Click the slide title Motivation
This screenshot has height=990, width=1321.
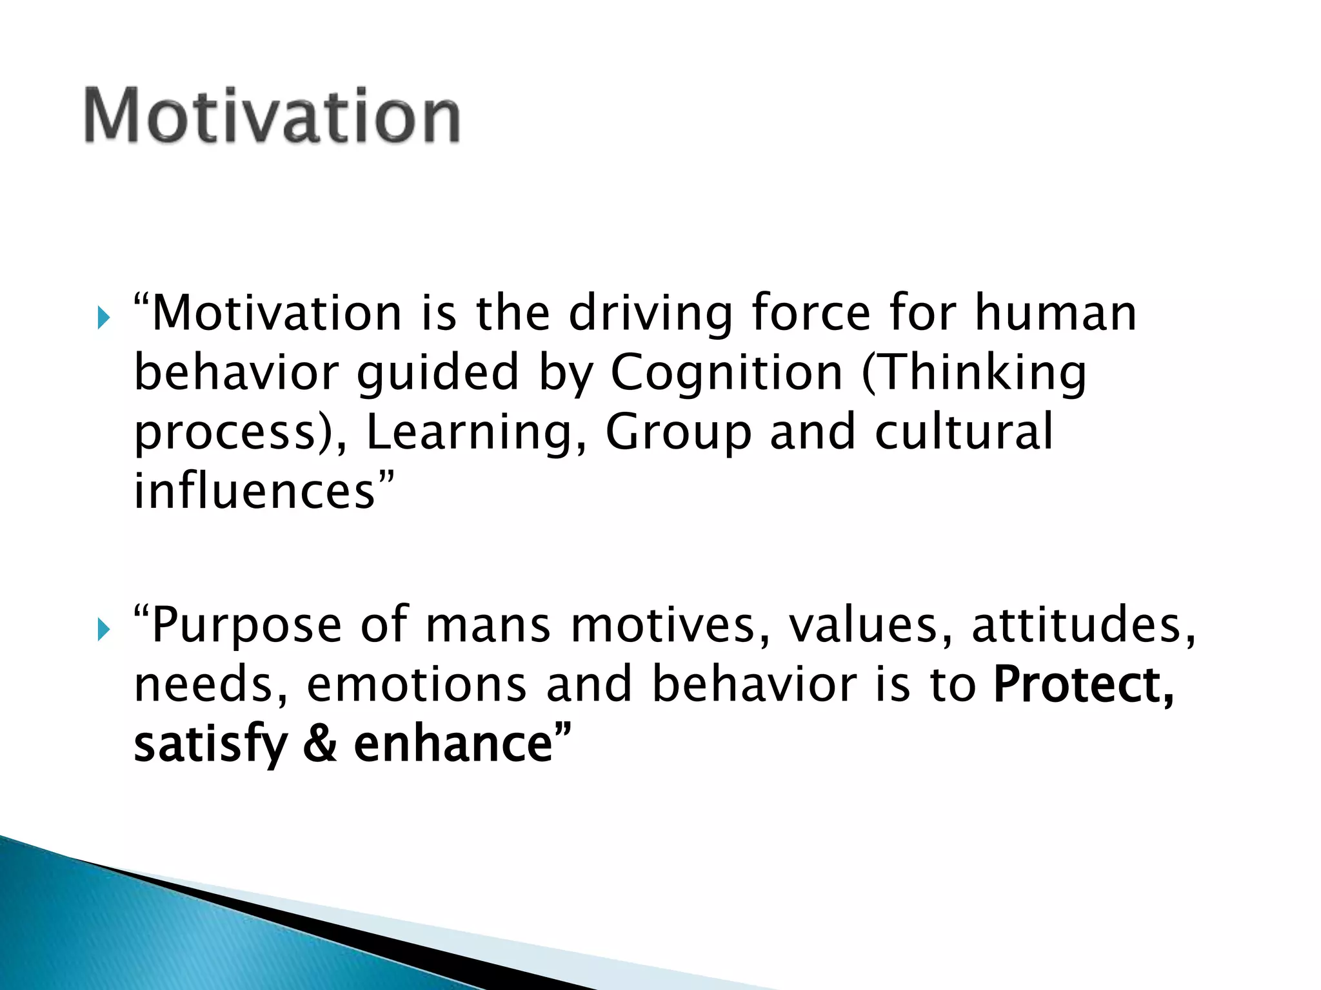(x=272, y=116)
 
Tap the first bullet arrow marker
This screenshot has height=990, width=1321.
(x=104, y=318)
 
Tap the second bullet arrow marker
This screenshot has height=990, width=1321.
(x=104, y=630)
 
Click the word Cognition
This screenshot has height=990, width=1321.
(x=726, y=374)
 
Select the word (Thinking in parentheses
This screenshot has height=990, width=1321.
(x=974, y=374)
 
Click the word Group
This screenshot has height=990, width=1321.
(x=679, y=432)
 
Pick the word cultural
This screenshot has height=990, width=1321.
(x=964, y=431)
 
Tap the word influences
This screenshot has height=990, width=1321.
(x=255, y=491)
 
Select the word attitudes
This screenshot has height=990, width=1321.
(x=1084, y=625)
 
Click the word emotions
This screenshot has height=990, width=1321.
(x=417, y=684)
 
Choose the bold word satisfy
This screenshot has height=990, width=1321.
(x=210, y=745)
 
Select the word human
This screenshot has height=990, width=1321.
(x=1055, y=313)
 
